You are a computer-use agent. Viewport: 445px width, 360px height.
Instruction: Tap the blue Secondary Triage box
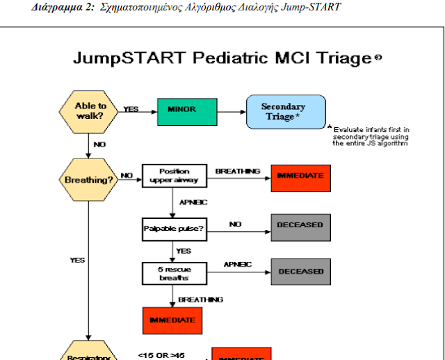pos(286,112)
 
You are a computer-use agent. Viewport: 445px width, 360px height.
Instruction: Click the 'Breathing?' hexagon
pos(89,179)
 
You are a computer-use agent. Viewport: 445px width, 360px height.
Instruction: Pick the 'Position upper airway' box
pos(174,176)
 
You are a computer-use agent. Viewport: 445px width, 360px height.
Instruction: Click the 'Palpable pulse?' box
pos(174,227)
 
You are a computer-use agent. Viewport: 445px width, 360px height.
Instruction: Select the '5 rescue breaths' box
pos(174,272)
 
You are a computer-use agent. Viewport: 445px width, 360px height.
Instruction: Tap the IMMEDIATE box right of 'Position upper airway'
pos(300,176)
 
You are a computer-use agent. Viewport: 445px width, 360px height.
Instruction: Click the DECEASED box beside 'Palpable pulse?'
pos(300,225)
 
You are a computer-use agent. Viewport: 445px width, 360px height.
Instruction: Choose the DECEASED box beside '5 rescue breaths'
pos(300,272)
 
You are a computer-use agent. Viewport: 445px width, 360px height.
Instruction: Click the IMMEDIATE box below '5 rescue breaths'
pos(173,320)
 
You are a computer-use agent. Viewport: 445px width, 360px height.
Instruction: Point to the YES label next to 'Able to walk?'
pos(131,109)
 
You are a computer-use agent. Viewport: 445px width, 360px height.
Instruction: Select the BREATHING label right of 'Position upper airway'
pos(237,171)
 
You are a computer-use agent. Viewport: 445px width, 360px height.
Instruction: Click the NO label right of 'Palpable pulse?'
pos(235,224)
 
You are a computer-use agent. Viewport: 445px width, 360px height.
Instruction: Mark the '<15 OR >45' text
pos(161,355)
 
